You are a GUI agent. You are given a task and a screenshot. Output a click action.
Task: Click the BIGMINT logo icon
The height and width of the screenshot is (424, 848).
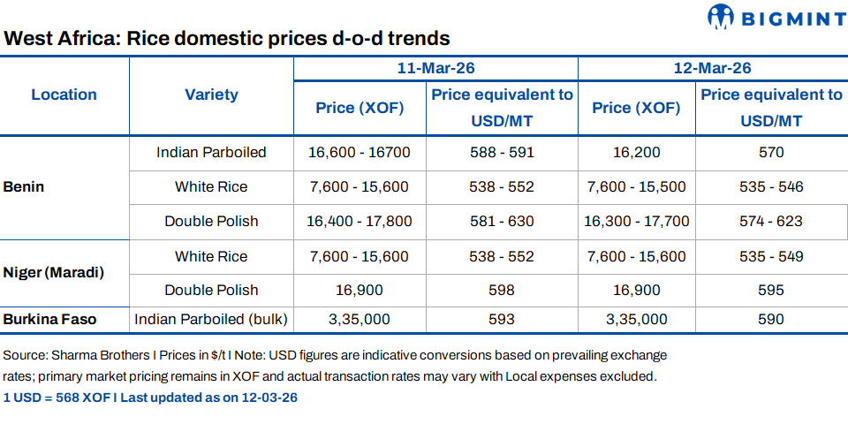pos(722,17)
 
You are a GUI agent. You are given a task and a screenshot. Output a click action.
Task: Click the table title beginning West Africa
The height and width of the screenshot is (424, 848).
pos(227,39)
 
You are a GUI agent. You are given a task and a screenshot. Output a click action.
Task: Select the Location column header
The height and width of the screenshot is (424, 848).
pos(64,95)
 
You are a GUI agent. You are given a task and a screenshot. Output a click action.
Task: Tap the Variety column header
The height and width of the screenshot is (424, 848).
pos(211,95)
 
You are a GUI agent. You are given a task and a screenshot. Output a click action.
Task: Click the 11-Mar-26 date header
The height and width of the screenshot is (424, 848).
pos(435,68)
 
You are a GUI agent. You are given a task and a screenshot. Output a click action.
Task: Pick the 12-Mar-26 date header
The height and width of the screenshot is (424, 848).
pos(712,68)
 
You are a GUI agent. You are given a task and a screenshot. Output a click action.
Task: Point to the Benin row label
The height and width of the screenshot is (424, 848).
pos(24,187)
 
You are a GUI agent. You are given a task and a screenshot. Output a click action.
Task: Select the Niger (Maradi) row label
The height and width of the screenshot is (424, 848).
pos(54,272)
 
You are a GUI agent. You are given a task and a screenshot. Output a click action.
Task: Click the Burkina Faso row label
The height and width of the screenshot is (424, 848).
pos(49,319)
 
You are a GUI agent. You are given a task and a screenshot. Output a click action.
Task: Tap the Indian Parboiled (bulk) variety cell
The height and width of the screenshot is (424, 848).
pos(211,319)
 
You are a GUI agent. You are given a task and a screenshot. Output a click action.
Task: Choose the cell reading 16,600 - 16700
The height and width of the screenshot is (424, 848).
pos(360,152)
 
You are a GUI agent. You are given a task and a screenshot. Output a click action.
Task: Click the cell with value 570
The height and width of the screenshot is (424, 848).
pos(771,152)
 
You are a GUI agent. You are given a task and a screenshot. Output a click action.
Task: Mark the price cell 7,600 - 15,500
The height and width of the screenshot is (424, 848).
pos(636,186)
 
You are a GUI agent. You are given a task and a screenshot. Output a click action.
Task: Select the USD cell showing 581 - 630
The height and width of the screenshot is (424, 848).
pos(502,221)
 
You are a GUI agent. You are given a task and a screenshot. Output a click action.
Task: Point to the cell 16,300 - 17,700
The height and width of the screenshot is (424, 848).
pos(636,221)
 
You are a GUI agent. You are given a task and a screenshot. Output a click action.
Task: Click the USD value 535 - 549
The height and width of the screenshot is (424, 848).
pos(771,256)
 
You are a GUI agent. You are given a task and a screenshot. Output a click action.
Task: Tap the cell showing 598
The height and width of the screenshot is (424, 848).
pos(502,290)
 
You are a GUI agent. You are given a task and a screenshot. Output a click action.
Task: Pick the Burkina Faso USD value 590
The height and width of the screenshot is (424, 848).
pos(771,319)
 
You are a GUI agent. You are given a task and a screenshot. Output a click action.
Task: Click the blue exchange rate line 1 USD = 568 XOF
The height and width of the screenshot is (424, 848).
pos(150,397)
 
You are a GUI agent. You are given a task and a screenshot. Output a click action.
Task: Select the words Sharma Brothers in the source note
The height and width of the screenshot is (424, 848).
pos(92,355)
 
